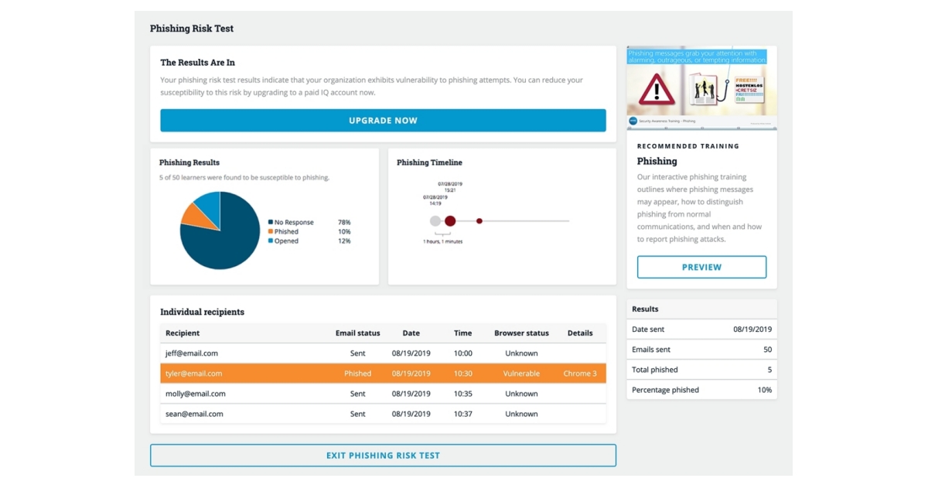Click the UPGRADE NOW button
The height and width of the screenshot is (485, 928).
383,121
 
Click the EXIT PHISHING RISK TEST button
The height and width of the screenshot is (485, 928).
383,456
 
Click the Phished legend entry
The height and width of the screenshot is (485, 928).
286,232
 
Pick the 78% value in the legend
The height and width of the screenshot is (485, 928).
344,223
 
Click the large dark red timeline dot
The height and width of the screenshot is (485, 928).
450,221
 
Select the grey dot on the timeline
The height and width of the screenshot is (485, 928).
435,221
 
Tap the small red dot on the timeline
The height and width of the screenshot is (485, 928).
479,221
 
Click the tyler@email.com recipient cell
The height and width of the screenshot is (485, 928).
194,374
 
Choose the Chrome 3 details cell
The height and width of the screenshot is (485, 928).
580,374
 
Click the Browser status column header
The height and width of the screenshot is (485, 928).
521,333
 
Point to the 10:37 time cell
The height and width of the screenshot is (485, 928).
462,414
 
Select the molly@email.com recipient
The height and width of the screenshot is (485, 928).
196,394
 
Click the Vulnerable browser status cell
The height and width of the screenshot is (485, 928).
521,374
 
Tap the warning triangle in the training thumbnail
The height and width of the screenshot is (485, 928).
657,89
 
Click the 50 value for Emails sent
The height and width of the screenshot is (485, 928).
767,350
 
